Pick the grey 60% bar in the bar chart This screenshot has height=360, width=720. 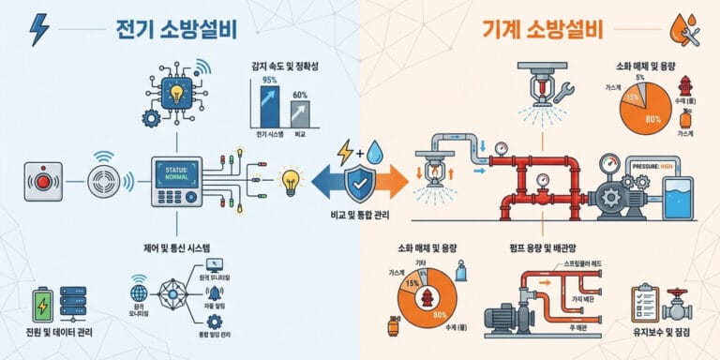point(302,116)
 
